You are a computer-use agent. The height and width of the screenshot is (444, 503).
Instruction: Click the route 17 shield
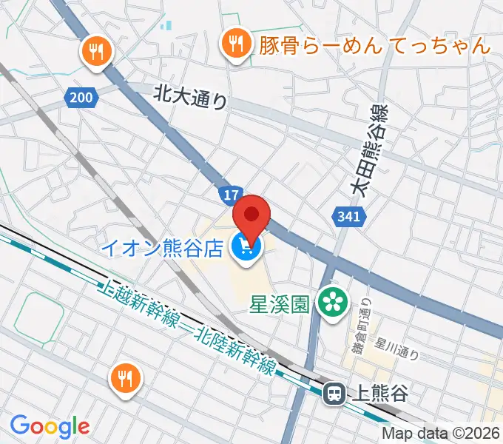pyautogui.click(x=229, y=195)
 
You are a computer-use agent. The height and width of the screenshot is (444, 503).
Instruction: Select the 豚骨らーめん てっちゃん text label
pyautogui.click(x=374, y=45)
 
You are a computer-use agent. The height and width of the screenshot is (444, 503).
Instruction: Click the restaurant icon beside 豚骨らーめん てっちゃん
pyautogui.click(x=235, y=45)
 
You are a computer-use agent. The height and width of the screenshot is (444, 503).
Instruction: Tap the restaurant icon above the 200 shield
pyautogui.click(x=96, y=51)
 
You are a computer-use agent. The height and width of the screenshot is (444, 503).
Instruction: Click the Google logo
pyautogui.click(x=49, y=425)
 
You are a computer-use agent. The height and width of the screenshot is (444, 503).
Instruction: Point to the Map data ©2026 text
pyautogui.click(x=441, y=434)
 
